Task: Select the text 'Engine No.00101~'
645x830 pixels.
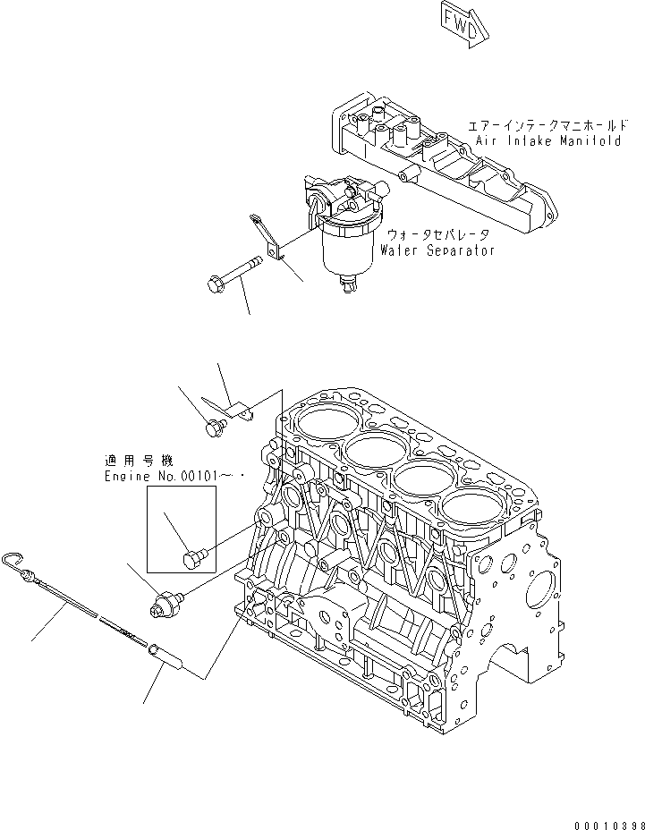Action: click(x=170, y=479)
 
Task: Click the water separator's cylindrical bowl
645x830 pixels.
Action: click(x=347, y=246)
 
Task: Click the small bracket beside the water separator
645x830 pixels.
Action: click(x=267, y=236)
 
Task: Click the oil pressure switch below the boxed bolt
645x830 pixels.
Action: click(x=165, y=602)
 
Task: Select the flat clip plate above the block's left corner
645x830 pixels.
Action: click(x=234, y=408)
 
